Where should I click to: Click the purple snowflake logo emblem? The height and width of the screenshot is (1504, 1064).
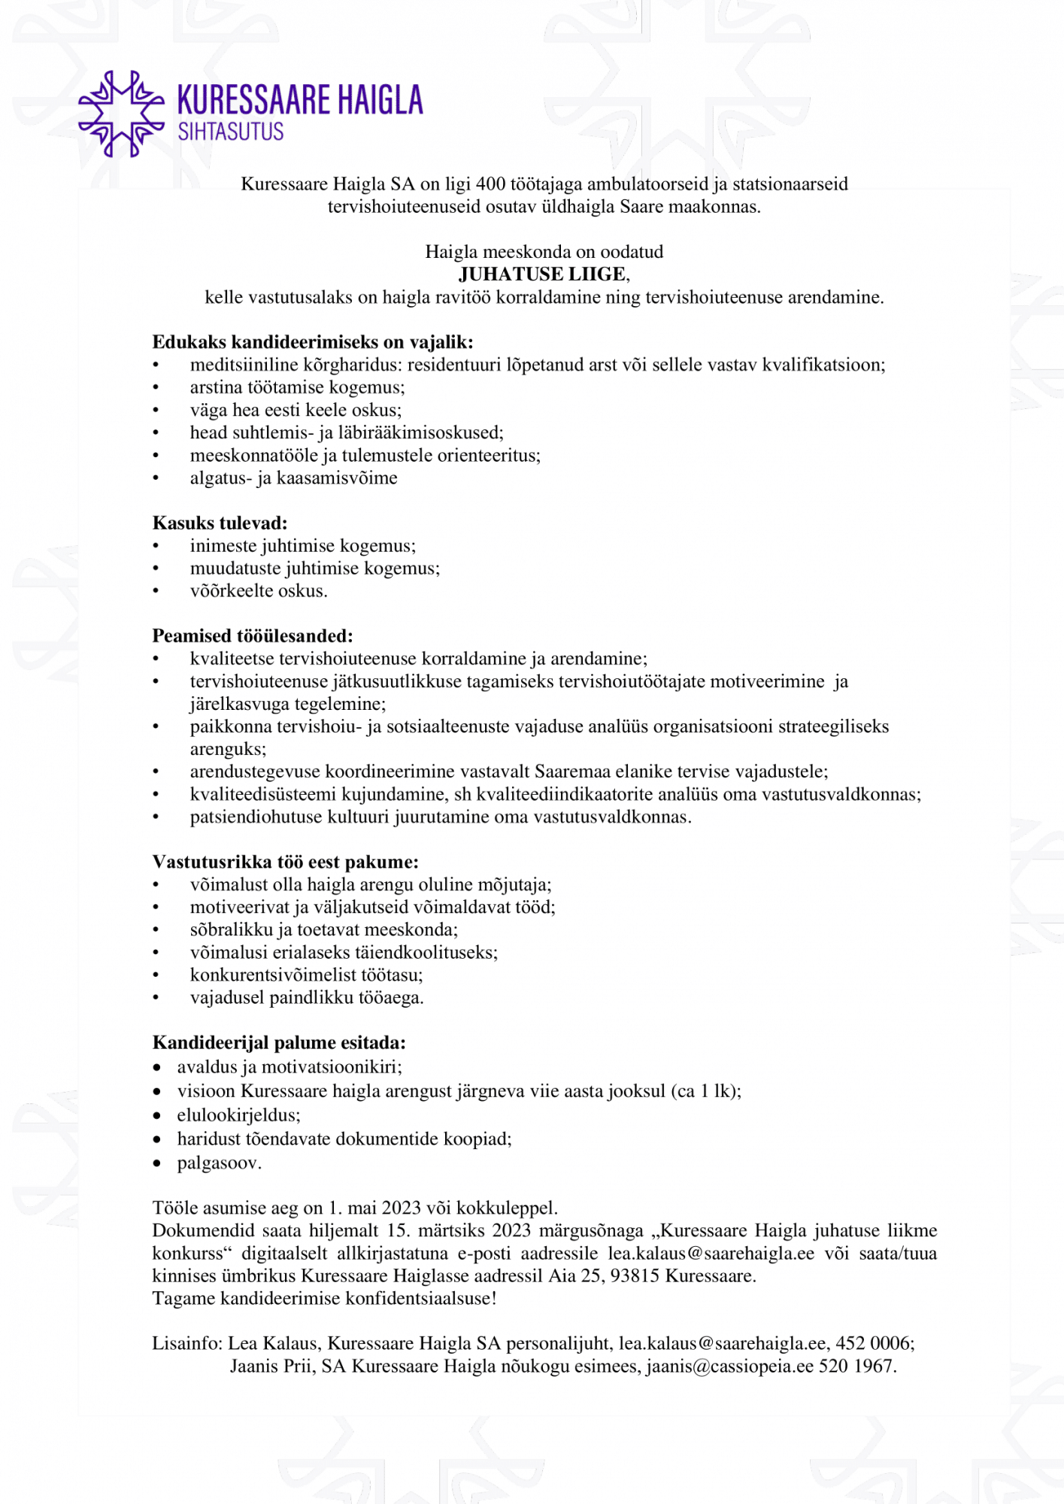click(x=121, y=114)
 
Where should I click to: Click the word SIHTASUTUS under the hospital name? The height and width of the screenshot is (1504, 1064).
click(x=230, y=132)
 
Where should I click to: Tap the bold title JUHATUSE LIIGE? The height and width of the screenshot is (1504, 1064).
click(x=542, y=274)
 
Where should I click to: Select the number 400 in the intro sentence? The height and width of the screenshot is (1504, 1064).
click(x=491, y=184)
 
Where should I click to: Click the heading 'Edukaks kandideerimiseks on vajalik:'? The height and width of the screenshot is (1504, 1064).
click(x=313, y=342)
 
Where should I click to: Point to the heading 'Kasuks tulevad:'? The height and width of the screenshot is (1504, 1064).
click(x=220, y=523)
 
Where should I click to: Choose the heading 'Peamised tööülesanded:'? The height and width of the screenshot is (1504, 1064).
click(x=253, y=636)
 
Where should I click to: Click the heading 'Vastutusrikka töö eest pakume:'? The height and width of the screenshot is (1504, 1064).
click(x=285, y=862)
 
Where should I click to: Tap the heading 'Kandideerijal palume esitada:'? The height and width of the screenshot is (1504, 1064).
click(x=279, y=1043)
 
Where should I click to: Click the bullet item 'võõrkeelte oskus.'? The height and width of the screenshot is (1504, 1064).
click(x=259, y=591)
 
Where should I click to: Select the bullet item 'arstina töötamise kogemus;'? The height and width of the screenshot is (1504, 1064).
click(x=297, y=387)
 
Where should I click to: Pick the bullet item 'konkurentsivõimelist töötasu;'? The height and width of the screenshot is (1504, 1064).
click(x=306, y=975)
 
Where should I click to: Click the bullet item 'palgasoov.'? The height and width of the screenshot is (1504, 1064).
click(x=220, y=1163)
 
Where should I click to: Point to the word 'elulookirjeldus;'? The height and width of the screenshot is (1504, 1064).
click(x=238, y=1115)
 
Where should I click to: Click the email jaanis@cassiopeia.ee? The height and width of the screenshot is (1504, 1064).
click(x=729, y=1366)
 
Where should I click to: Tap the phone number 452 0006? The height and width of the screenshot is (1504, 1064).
click(x=872, y=1344)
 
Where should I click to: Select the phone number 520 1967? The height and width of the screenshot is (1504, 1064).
click(x=856, y=1366)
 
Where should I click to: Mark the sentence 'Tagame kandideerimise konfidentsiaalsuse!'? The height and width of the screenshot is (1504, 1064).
click(x=324, y=1299)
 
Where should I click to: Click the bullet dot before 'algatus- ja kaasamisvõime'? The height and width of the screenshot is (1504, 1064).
click(x=156, y=478)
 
